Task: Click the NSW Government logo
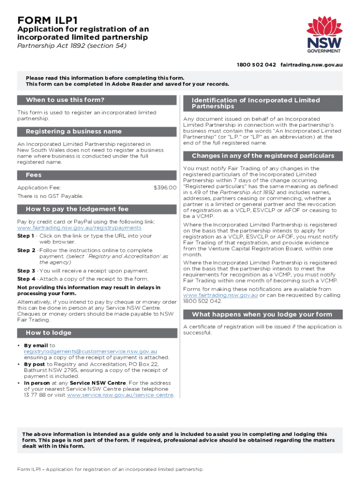(x=324, y=35)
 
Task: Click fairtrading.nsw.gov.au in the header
(x=311, y=64)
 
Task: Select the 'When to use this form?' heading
(x=65, y=100)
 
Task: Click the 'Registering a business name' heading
(x=74, y=131)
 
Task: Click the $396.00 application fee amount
(x=165, y=188)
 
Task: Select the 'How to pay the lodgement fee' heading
(x=77, y=209)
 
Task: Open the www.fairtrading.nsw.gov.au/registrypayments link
(x=79, y=228)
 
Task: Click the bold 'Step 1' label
(x=26, y=236)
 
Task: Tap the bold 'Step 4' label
(x=26, y=279)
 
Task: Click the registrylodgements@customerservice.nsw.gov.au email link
(x=91, y=351)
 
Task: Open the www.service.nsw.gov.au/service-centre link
(x=120, y=395)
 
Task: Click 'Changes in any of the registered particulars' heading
(x=263, y=156)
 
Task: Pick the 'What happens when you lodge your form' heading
(x=262, y=314)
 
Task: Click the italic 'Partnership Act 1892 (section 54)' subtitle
(x=72, y=45)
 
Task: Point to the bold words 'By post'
(x=34, y=364)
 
